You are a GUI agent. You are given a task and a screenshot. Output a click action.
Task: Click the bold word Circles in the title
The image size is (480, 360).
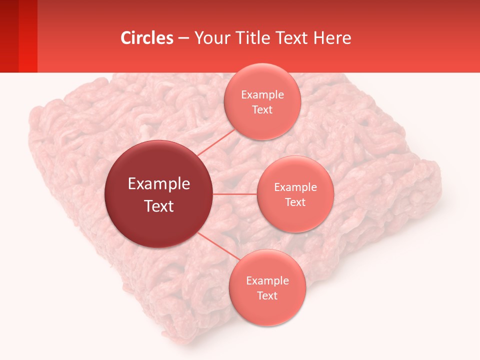147,38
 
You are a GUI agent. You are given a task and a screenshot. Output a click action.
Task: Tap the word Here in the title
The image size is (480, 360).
332,38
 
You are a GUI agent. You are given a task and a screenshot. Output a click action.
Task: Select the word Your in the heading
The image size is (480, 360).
210,38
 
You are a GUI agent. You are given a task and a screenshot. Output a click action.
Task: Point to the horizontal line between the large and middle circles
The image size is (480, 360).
235,194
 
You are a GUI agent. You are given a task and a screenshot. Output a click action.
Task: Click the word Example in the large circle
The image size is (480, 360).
159,184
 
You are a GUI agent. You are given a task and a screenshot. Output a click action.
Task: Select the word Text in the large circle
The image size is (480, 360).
159,206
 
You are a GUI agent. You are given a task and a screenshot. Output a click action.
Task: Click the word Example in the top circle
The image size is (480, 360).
262,95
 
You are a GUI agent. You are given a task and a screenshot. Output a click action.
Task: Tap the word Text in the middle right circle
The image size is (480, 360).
295,202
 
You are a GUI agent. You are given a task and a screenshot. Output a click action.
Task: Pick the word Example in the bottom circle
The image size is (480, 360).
267,281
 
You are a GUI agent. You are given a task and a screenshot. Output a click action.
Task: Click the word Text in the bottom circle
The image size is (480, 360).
267,296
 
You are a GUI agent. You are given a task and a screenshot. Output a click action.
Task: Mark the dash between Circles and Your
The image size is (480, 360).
183,38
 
